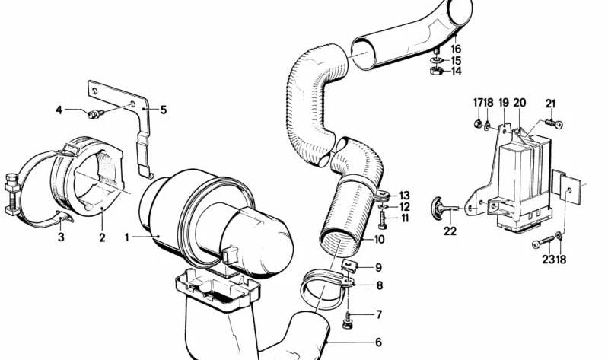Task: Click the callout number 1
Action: (128, 237)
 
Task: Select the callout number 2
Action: (101, 237)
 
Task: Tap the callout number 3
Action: (60, 237)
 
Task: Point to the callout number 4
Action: (59, 110)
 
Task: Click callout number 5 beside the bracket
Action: (163, 110)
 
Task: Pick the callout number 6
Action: (378, 342)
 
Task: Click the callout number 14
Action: (456, 72)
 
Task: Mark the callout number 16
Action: (456, 48)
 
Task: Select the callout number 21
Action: (551, 104)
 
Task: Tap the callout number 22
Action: (450, 231)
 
